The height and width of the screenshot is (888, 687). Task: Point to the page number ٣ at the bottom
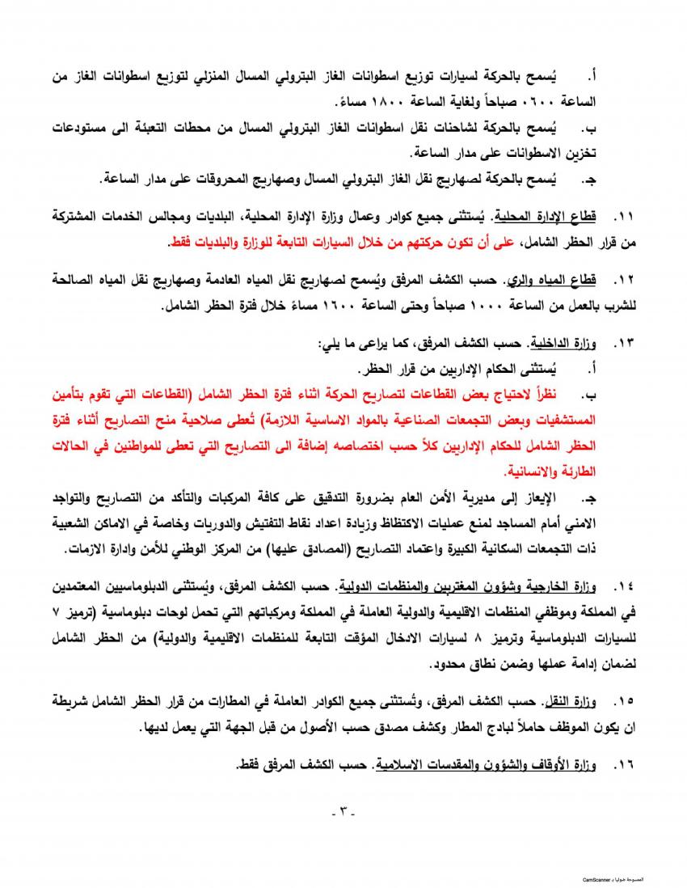(x=343, y=811)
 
